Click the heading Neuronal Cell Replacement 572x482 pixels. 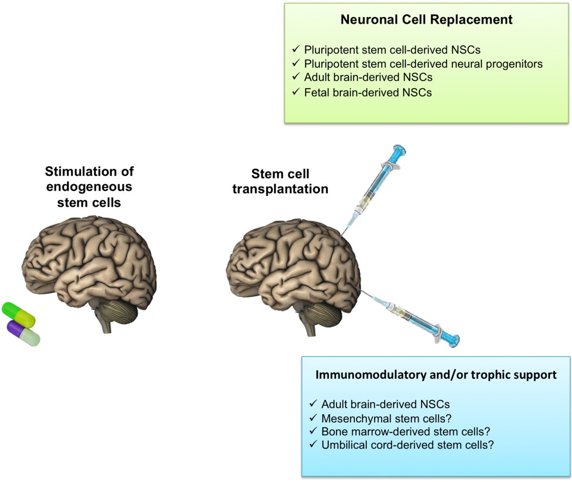[426, 20]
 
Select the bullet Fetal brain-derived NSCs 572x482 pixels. [368, 92]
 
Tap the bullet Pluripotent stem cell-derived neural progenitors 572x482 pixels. [423, 63]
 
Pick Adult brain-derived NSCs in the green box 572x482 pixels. [368, 77]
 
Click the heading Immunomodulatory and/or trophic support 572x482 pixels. [436, 375]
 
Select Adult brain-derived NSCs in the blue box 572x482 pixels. [385, 404]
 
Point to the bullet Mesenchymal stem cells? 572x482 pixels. [387, 418]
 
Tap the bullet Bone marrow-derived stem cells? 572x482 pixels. [406, 431]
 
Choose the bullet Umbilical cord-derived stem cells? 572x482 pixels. [407, 445]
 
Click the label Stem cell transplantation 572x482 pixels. [280, 181]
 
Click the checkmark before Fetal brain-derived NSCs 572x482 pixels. [296, 92]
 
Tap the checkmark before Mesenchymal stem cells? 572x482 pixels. [313, 418]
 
